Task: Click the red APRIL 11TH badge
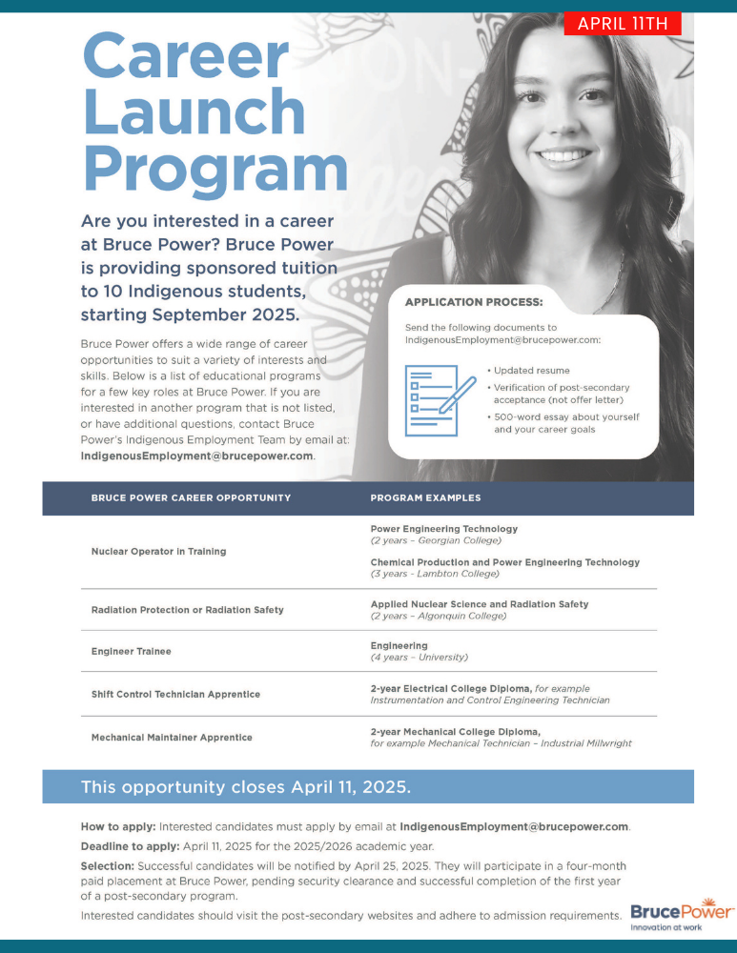[x=622, y=23]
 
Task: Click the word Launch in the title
[x=194, y=112]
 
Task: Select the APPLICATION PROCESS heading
[x=474, y=302]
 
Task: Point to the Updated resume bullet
[x=531, y=370]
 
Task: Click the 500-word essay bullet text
[x=565, y=423]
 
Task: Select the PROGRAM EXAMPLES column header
[x=425, y=497]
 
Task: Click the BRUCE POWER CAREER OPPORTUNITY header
[x=191, y=497]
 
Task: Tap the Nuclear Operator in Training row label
[x=158, y=551]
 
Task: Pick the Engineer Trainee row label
[x=131, y=652]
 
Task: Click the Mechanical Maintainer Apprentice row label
[x=172, y=737]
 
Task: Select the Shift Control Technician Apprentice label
[x=175, y=694]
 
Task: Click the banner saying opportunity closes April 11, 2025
[x=246, y=787]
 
